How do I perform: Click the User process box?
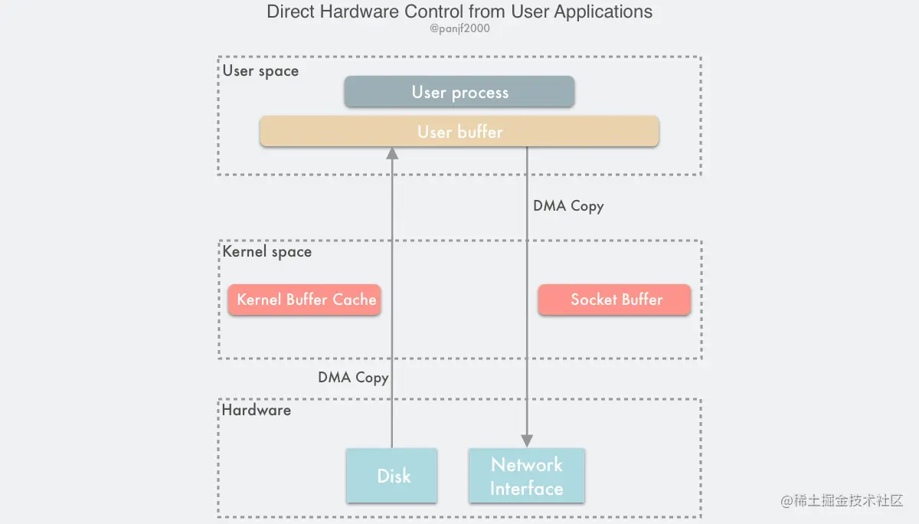coord(459,92)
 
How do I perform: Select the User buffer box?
coord(459,132)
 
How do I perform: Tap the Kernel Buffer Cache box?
coord(305,300)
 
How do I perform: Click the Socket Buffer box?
coord(615,300)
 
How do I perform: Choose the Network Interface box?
coord(527,476)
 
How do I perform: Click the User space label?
coord(260,71)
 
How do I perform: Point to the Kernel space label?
coord(267,252)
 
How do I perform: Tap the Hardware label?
coord(257,410)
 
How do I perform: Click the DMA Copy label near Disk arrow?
coord(353,378)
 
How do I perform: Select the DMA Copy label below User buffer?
coord(568,206)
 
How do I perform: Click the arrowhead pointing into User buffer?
coord(392,152)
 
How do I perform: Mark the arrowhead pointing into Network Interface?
coord(527,441)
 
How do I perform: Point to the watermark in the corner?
coord(842,501)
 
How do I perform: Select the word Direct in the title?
coord(288,12)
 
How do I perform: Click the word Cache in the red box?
coord(354,300)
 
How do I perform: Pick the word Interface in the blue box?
coord(527,489)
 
